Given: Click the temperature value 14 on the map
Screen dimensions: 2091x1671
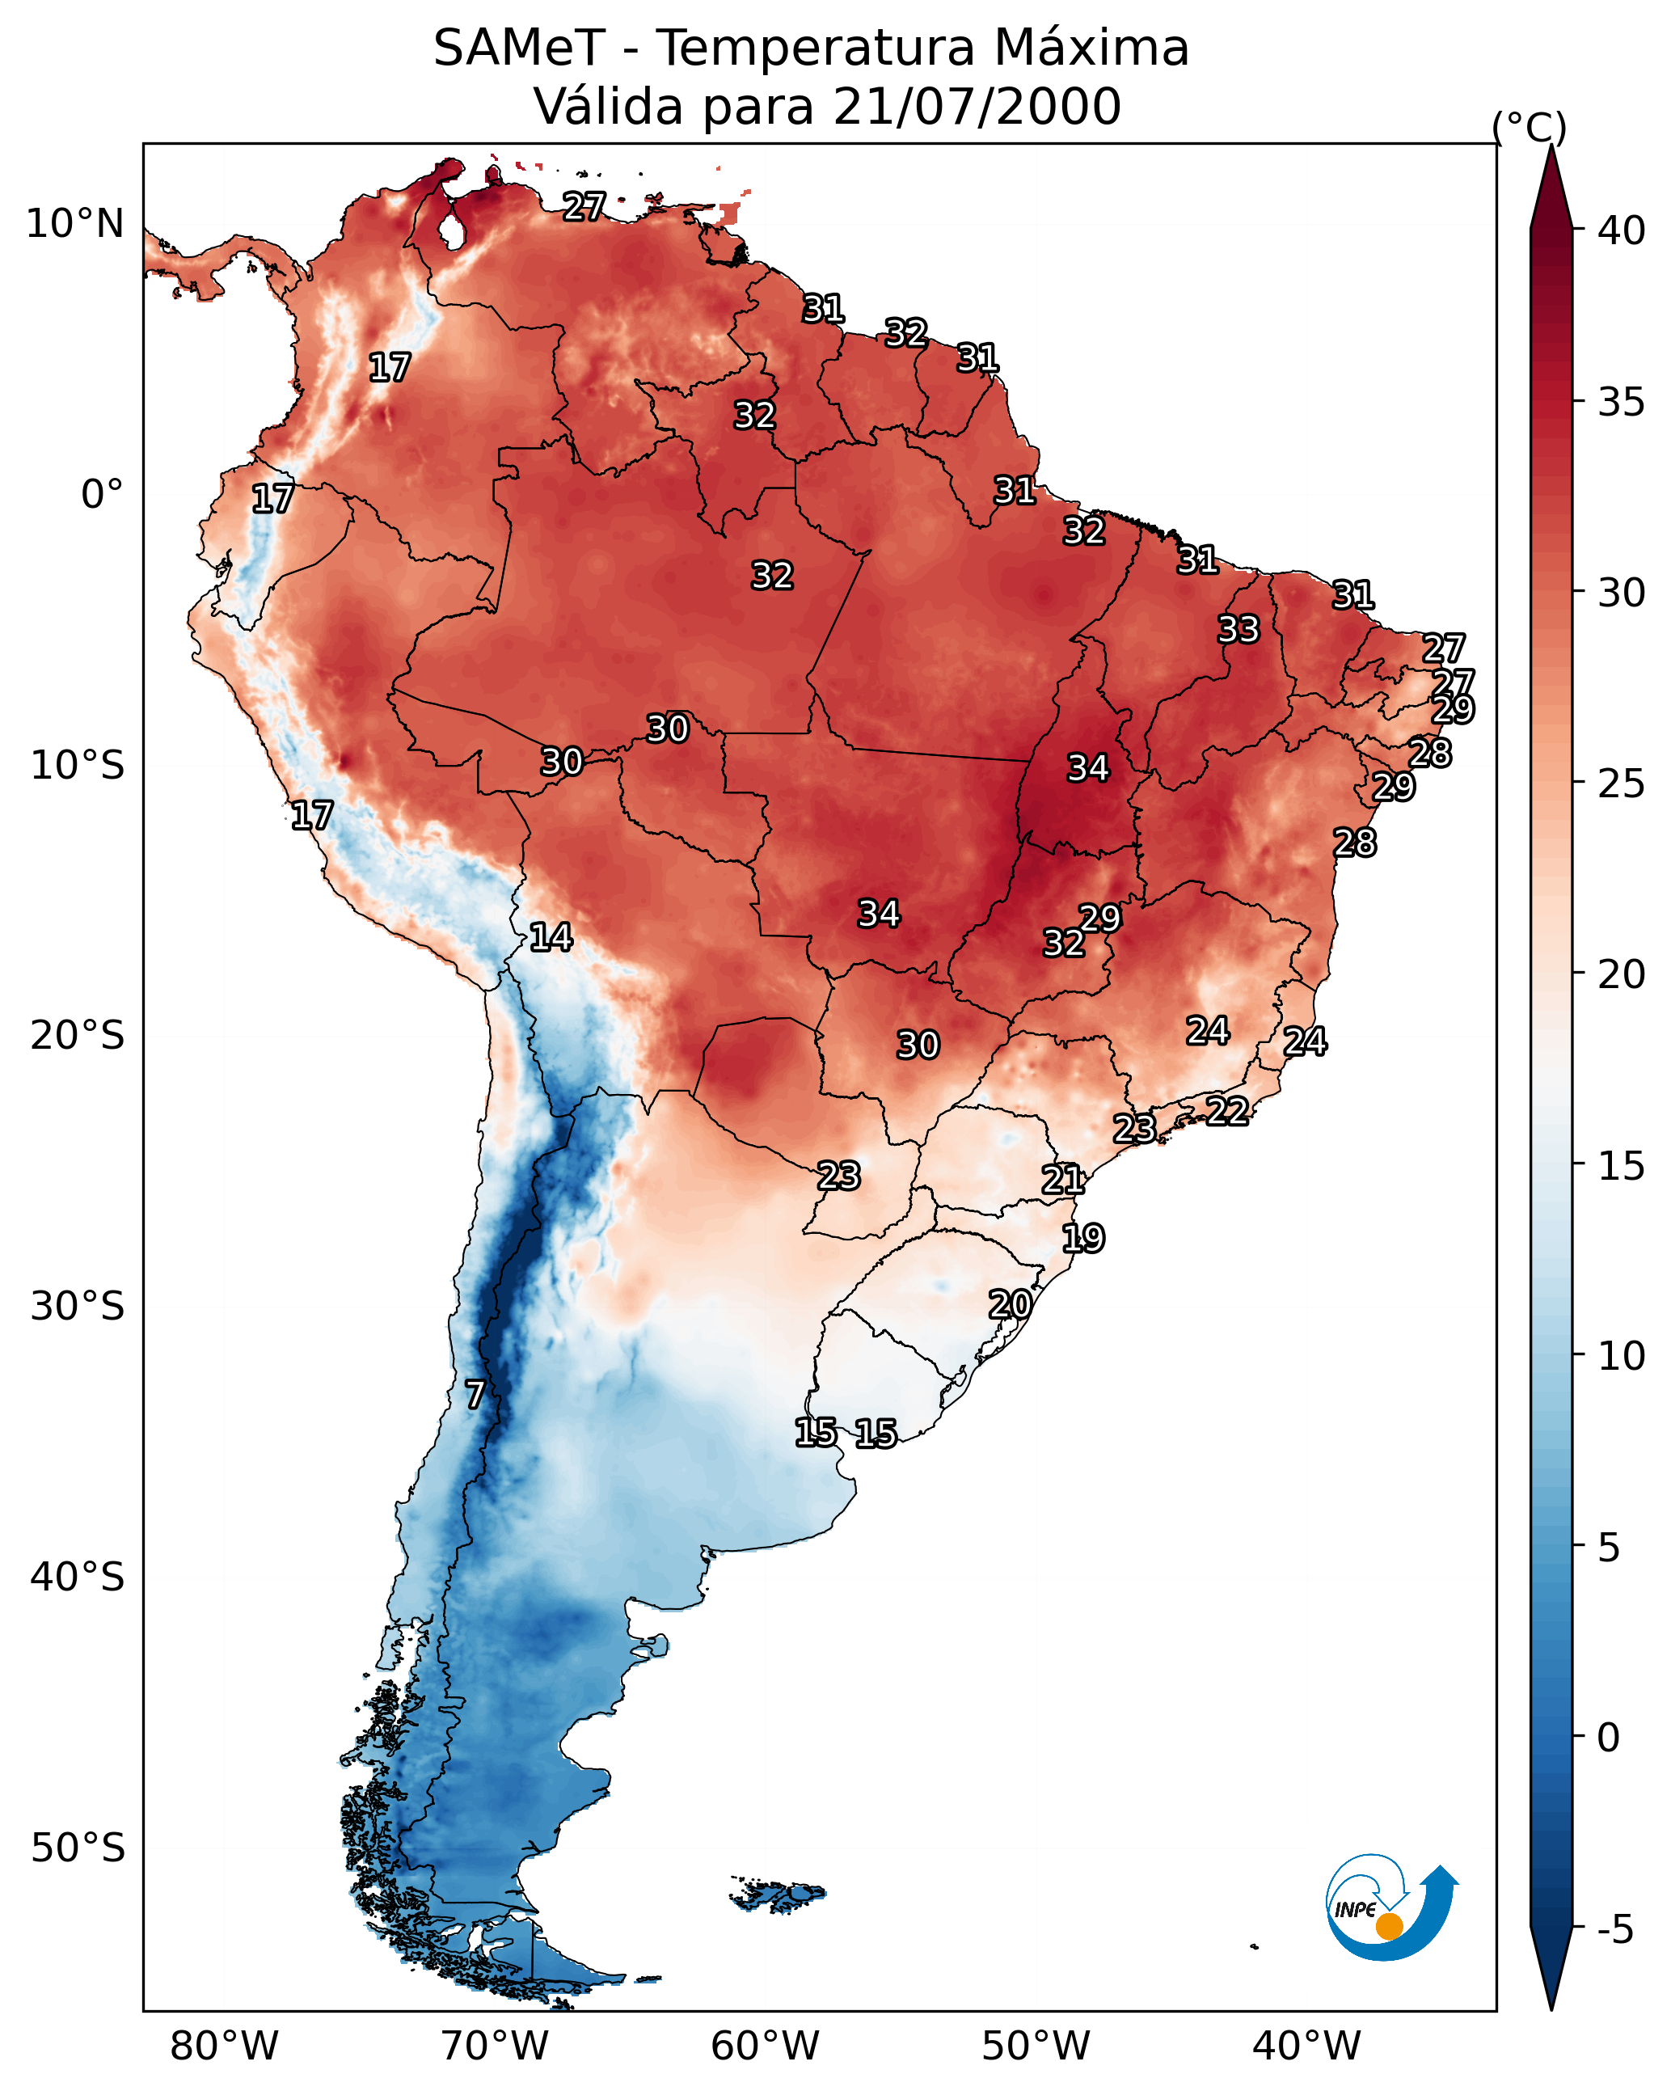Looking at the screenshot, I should coord(551,937).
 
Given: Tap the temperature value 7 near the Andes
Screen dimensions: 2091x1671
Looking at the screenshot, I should coord(475,1395).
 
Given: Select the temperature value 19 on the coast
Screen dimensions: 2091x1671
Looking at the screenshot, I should coord(1082,1237).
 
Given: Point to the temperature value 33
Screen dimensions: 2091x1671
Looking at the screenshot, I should coord(1238,629).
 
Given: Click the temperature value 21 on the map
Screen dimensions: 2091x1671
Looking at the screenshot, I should coord(1063,1180).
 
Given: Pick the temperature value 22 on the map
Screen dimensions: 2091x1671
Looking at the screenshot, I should coord(1227,1110).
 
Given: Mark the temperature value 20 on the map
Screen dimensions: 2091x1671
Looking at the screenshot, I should coord(1010,1304).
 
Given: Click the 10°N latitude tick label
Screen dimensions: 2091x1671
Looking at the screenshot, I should coord(74,224).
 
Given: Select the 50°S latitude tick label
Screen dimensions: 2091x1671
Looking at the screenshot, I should coord(78,1848).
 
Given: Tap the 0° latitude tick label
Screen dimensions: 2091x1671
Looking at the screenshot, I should coord(102,495).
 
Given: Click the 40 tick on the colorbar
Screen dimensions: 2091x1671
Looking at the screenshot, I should coord(1622,230).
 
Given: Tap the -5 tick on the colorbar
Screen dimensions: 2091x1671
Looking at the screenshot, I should coord(1614,1930).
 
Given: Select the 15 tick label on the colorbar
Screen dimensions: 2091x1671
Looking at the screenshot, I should coord(1622,1166).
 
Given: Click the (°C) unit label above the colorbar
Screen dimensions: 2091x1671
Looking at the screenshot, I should coord(1529,127).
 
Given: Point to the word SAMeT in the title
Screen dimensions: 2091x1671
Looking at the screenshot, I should coord(519,49).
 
